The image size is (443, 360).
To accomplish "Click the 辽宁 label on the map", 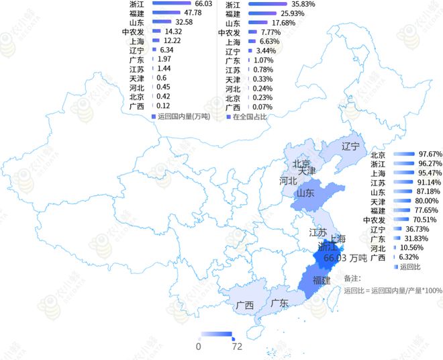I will pyautogui.click(x=350, y=146).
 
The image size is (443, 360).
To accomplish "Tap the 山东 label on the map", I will pyautogui.click(x=306, y=192).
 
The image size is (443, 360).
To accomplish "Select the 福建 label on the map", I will pyautogui.click(x=322, y=280).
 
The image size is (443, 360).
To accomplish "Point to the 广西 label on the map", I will pyautogui.click(x=245, y=305).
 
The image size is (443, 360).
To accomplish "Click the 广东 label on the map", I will pyautogui.click(x=279, y=303).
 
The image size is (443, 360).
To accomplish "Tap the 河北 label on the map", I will pyautogui.click(x=289, y=180).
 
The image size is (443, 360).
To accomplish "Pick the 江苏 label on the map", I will pyautogui.click(x=317, y=233).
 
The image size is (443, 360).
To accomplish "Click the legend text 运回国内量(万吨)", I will pyautogui.click(x=184, y=116).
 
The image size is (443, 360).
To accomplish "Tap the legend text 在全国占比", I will pyautogui.click(x=250, y=116).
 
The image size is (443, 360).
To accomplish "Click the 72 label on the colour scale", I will pyautogui.click(x=236, y=347).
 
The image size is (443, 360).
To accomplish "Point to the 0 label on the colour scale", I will pyautogui.click(x=198, y=347).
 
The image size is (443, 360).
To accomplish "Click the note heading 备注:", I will pyautogui.click(x=352, y=277).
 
